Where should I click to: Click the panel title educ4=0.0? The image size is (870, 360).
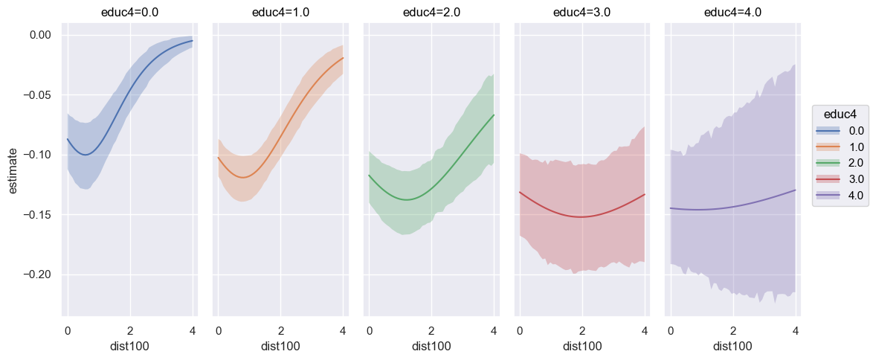click(130, 12)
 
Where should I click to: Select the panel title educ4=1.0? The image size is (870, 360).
click(280, 12)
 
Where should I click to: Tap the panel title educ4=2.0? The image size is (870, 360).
click(431, 12)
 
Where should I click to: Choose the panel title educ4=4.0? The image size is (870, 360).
click(732, 12)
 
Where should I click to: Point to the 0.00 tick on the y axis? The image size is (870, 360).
click(41, 35)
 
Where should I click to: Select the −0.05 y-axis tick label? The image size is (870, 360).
click(37, 95)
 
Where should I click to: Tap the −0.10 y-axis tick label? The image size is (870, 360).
click(37, 155)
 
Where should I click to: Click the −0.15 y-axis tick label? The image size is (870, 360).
click(37, 215)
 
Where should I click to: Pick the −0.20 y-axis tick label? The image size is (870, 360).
click(37, 275)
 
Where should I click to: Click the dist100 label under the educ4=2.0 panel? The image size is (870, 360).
click(431, 346)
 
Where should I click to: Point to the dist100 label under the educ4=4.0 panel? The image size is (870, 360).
click(732, 346)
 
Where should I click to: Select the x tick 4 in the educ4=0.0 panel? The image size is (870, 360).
click(193, 330)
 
